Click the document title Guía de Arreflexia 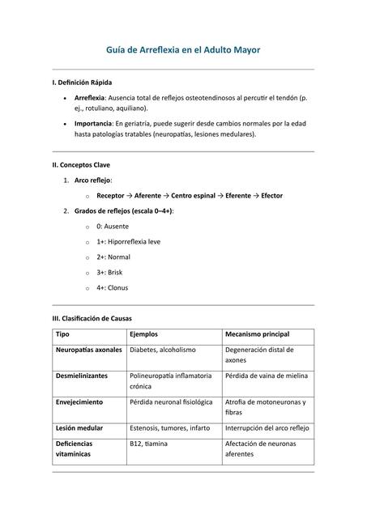click(183, 50)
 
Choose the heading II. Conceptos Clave click(80, 165)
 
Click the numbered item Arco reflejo click(93, 180)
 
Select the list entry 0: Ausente click(112, 227)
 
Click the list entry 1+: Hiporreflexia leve click(128, 241)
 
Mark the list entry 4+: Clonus click(112, 287)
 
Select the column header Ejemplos click(143, 334)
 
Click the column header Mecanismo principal click(257, 334)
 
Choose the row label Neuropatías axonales click(88, 350)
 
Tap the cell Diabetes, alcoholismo click(162, 350)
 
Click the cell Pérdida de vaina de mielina click(267, 376)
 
